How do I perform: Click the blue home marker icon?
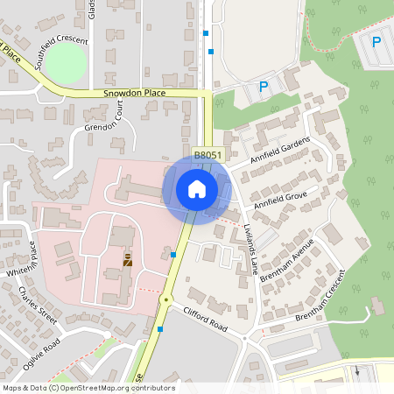197,188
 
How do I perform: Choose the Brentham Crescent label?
320,298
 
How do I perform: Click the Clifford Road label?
205,318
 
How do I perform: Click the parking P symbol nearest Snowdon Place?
264,87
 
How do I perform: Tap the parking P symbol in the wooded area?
376,41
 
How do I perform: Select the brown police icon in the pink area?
128,259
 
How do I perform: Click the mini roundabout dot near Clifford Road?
165,299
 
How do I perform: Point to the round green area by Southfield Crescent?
66,62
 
